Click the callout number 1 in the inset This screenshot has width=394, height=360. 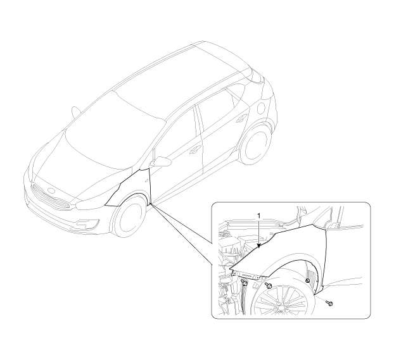[x=259, y=215]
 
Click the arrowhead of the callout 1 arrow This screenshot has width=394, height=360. [x=259, y=246]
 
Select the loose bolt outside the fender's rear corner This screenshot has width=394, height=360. [x=329, y=303]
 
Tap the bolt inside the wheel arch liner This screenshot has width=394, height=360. [x=308, y=280]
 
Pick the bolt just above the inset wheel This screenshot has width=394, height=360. [x=269, y=285]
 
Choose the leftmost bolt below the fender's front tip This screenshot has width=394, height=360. [x=244, y=282]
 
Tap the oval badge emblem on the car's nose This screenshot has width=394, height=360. [x=51, y=190]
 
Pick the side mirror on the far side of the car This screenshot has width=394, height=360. [x=75, y=112]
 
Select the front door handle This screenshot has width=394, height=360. [x=194, y=149]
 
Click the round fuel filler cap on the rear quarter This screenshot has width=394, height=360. [x=262, y=108]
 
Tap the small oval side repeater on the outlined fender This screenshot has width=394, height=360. [x=146, y=180]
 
